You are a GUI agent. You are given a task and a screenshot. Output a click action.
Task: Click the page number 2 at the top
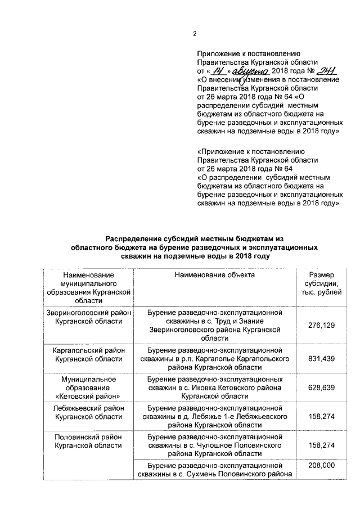click(194, 33)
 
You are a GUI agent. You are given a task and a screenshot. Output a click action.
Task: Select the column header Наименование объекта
click(214, 275)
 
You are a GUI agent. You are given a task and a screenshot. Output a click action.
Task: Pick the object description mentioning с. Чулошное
click(214, 445)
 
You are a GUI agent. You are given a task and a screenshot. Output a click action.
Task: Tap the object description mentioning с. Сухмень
click(214, 471)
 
